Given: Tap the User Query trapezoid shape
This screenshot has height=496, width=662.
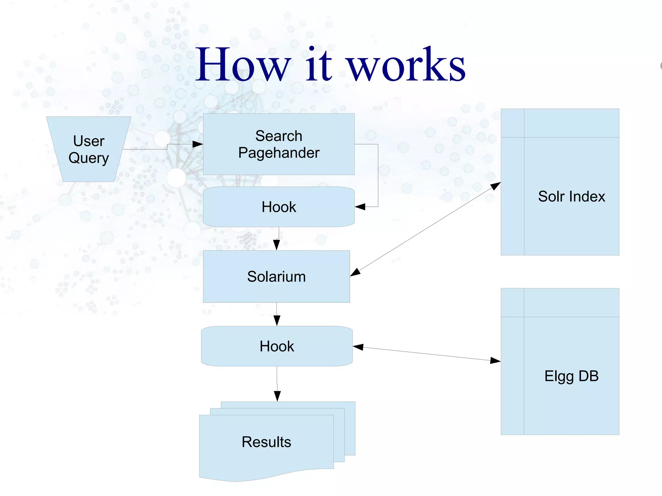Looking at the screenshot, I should click(89, 149).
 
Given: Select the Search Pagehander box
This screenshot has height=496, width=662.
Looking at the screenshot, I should click(279, 144).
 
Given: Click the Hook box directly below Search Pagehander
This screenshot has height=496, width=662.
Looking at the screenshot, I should click(279, 207).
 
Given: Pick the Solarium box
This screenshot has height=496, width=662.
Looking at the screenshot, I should click(276, 277).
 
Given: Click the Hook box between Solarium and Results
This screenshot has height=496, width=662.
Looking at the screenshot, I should click(277, 346).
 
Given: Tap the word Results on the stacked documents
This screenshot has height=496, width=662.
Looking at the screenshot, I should click(266, 442).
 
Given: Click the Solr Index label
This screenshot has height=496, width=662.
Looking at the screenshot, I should click(571, 196).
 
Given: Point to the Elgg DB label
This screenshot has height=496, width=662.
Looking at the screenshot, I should click(571, 376).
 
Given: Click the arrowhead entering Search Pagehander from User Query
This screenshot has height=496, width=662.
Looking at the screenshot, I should click(198, 144).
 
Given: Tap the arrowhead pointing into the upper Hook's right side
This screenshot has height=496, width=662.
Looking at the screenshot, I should click(360, 207).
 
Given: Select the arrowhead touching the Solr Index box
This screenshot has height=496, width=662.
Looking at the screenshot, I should click(496, 186).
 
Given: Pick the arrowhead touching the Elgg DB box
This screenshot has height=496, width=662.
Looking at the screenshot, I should click(495, 360).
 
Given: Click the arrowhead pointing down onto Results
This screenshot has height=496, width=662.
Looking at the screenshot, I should click(277, 396).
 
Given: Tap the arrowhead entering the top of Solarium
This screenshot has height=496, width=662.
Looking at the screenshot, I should click(276, 245).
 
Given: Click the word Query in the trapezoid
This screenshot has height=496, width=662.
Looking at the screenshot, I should click(89, 158).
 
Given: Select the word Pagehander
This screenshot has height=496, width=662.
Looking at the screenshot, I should click(279, 153).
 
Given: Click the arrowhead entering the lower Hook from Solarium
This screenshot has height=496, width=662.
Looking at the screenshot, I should click(277, 321).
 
